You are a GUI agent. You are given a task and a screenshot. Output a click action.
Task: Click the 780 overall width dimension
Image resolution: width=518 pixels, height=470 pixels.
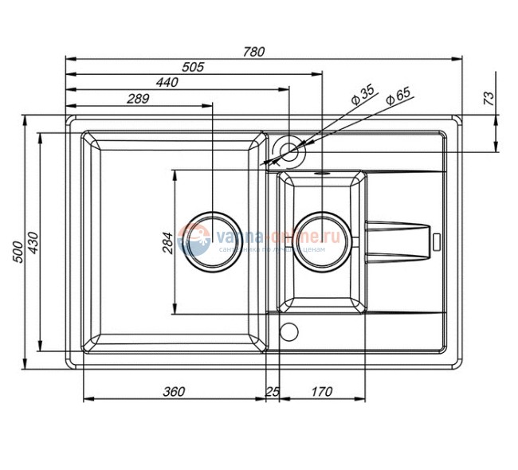[253, 52]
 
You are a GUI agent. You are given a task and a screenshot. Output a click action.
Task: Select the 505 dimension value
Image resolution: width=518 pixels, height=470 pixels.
[193, 68]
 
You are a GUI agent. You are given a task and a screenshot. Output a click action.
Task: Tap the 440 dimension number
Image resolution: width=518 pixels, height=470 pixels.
[167, 83]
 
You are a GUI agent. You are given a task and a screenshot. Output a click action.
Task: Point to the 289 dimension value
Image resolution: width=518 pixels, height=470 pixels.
[138, 99]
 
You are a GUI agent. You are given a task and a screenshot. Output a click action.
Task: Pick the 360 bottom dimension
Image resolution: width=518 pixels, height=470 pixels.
[174, 392]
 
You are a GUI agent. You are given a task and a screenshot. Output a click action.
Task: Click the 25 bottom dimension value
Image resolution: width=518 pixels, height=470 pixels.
[273, 392]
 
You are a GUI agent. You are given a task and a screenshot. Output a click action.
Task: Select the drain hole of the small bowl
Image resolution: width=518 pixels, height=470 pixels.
[322, 237]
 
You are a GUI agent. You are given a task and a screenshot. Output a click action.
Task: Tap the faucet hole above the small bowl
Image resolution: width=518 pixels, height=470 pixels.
[288, 151]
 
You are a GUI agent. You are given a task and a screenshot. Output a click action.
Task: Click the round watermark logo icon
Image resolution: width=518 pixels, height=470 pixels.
[194, 238]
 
